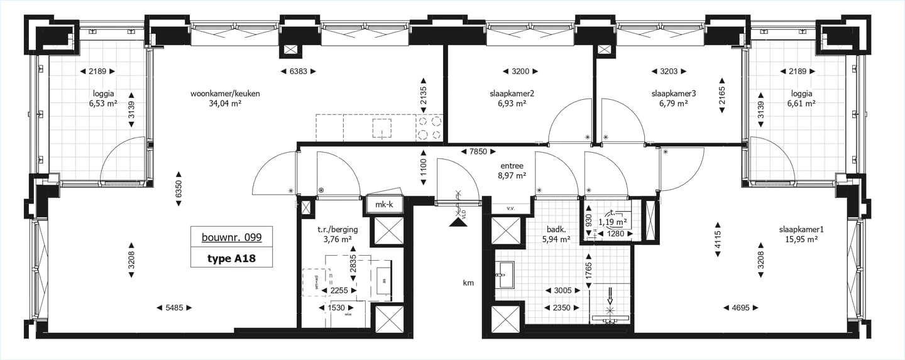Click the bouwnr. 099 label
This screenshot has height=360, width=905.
[x=231, y=237]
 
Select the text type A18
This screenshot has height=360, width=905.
[x=231, y=258]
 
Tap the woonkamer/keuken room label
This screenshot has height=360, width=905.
[x=225, y=94]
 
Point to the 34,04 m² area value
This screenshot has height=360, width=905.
[x=225, y=104]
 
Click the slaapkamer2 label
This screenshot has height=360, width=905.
[x=512, y=94]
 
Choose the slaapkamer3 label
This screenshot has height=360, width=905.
[x=674, y=94]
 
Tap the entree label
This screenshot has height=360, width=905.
[x=512, y=166]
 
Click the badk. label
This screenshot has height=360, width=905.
[x=556, y=229]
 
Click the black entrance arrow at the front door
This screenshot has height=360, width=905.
[x=455, y=221]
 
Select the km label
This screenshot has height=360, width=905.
[x=468, y=283]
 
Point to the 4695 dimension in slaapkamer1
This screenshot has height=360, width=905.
[x=743, y=308]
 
